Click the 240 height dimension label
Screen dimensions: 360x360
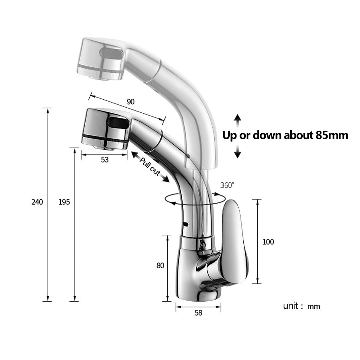[x=37, y=202]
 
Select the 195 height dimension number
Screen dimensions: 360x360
[x=64, y=202]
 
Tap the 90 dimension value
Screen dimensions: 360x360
[x=131, y=102]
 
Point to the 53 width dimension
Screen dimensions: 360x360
[x=104, y=160]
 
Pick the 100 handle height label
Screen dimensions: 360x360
[x=268, y=242]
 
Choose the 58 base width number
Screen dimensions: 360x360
[x=198, y=313]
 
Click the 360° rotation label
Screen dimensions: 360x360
[x=227, y=185]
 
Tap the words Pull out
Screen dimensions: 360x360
[x=150, y=167]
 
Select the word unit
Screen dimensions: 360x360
[x=291, y=306]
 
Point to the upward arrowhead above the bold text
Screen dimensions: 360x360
[x=237, y=118]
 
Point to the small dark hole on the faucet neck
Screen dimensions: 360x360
[x=186, y=225]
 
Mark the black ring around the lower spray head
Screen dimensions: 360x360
[x=105, y=139]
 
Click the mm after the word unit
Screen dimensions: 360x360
[x=314, y=307]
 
